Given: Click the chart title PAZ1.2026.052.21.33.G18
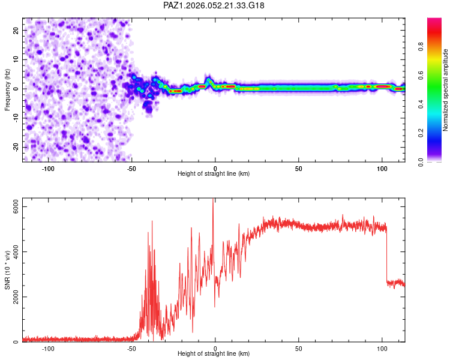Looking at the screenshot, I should click(x=214, y=5).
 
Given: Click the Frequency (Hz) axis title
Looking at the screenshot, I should click(x=7, y=89).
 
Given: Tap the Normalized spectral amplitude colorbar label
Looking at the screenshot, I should click(x=446, y=90).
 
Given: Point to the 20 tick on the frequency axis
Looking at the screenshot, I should click(x=16, y=30).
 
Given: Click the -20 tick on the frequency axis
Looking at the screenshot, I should click(x=15, y=147).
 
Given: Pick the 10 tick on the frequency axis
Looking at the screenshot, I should click(x=16, y=59).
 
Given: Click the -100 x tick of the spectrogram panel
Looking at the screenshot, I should click(x=49, y=167).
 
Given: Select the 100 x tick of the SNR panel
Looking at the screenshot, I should click(x=382, y=348).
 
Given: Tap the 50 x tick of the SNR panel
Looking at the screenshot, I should click(x=299, y=348).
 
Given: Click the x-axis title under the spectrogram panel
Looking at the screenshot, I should click(x=214, y=174).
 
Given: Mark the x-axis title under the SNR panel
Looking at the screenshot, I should click(x=214, y=355).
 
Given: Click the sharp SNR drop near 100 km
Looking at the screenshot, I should click(x=386, y=252).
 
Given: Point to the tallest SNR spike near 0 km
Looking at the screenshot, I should click(x=213, y=201).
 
